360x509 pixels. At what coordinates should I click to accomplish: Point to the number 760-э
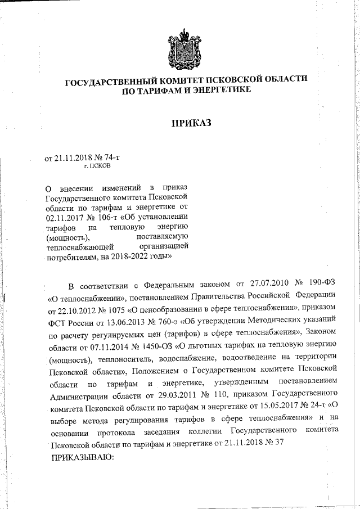pyautogui.click(x=164, y=323)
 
